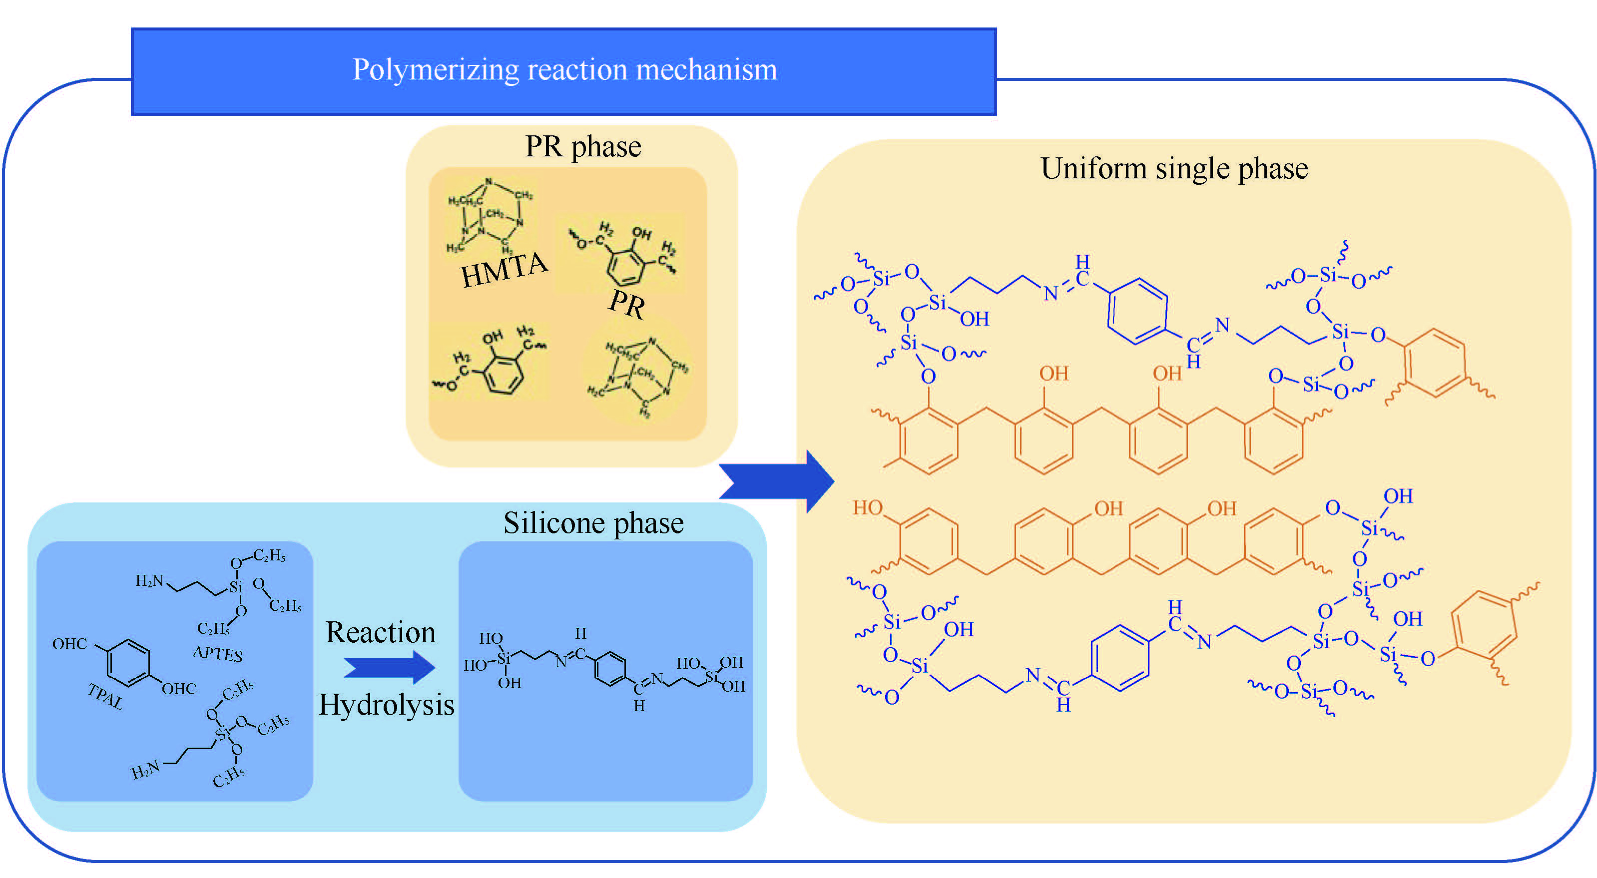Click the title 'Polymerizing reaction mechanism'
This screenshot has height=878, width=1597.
564,69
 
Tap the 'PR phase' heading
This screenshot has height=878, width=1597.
583,147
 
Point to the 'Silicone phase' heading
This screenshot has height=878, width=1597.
593,523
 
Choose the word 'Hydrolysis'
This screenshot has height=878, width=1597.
386,705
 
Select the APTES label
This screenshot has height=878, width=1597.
217,653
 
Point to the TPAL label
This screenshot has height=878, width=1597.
105,696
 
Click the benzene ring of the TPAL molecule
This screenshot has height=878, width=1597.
128,663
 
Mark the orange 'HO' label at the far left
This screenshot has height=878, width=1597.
867,508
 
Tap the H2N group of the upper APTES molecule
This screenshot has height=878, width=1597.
149,580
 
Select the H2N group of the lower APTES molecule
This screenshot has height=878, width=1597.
146,770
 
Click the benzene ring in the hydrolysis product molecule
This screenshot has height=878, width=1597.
610,669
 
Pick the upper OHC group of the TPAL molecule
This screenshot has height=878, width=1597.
69,644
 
